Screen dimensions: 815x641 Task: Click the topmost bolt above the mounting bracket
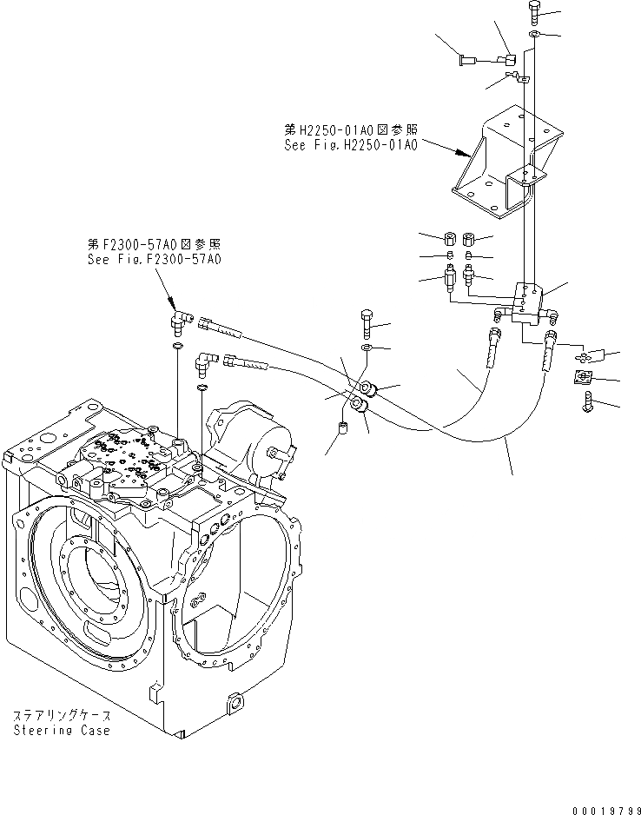point(532,13)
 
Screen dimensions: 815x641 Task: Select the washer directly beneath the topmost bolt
point(532,35)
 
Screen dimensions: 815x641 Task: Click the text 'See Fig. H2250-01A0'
point(351,145)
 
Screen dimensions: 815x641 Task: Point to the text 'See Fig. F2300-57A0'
point(154,259)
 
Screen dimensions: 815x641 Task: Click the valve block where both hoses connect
point(526,303)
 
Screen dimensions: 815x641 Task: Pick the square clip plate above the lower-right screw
point(585,377)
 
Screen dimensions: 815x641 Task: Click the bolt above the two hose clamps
point(367,324)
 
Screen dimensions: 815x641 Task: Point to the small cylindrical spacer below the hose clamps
point(342,427)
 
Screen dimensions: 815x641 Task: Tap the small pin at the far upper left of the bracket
point(466,60)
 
